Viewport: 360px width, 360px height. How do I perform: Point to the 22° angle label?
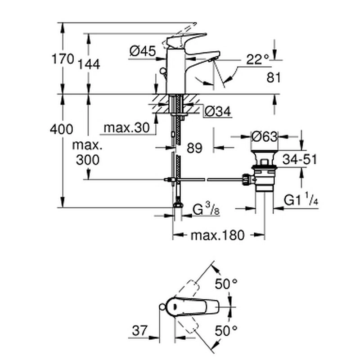(x=257, y=58)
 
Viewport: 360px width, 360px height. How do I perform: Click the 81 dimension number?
(x=273, y=77)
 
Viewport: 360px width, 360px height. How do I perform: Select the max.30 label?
(x=126, y=128)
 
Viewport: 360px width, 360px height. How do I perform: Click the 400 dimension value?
(x=62, y=130)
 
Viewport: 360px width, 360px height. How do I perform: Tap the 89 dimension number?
(x=194, y=148)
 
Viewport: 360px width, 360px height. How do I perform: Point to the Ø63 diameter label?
(x=265, y=135)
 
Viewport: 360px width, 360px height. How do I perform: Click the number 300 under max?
(x=88, y=160)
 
